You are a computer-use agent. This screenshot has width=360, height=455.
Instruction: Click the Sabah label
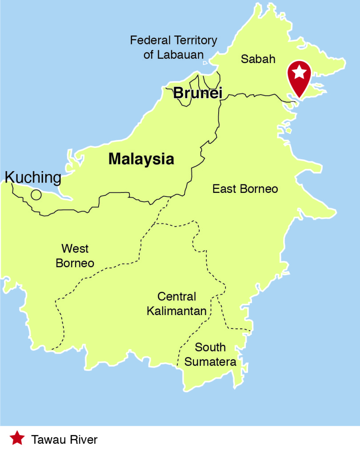pyautogui.click(x=258, y=59)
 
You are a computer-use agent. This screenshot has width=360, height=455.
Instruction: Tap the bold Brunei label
pyautogui.click(x=197, y=93)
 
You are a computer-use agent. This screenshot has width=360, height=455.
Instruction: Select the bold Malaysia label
pyautogui.click(x=141, y=159)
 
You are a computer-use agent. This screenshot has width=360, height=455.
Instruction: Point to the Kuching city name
pyautogui.click(x=33, y=177)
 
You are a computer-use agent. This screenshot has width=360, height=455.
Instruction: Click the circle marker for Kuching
pyautogui.click(x=36, y=195)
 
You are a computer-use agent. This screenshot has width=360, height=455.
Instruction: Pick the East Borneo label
pyautogui.click(x=245, y=189)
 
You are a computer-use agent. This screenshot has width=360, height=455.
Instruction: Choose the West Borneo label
pyautogui.click(x=75, y=255)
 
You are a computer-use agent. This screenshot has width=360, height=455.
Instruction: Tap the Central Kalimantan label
pyautogui.click(x=176, y=303)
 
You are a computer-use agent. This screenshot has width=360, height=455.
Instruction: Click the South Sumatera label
pyautogui.click(x=210, y=354)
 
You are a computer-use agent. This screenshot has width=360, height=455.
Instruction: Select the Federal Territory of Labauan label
pyautogui.click(x=173, y=48)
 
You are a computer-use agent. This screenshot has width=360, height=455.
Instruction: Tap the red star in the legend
pyautogui.click(x=17, y=439)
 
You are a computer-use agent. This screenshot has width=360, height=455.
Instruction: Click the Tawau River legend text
pyautogui.click(x=64, y=440)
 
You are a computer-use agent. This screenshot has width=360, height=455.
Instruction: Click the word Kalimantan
pyautogui.click(x=176, y=311)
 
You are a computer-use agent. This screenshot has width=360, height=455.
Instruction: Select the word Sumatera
pyautogui.click(x=210, y=362)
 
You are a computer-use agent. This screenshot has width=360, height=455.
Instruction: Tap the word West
pyautogui.click(x=75, y=248)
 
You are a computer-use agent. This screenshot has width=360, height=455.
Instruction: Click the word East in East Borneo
pyautogui.click(x=224, y=189)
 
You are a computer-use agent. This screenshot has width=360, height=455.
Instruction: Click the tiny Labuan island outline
pyautogui.click(x=205, y=64)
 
